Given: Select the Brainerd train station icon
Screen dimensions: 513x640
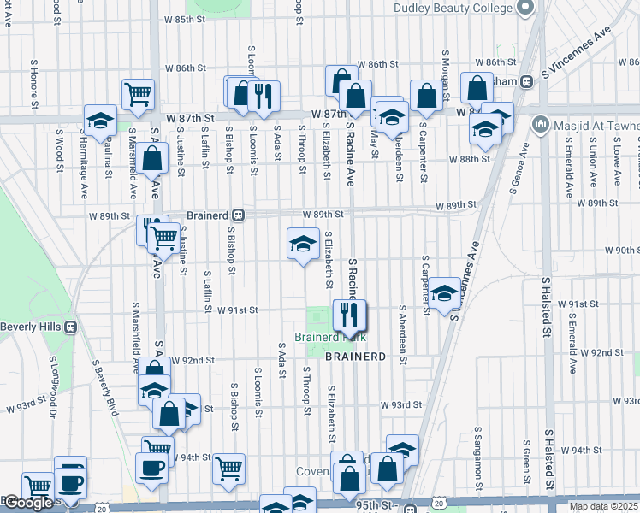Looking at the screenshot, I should click(241, 215).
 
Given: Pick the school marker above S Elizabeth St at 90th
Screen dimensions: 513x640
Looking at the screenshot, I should click(302, 245).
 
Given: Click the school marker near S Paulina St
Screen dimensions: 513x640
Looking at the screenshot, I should click(100, 121).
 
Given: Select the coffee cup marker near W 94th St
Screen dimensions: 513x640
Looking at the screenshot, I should click(152, 468).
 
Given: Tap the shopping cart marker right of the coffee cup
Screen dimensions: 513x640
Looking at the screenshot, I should click(228, 468).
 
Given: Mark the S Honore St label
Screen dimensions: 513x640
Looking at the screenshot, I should click(34, 83).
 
